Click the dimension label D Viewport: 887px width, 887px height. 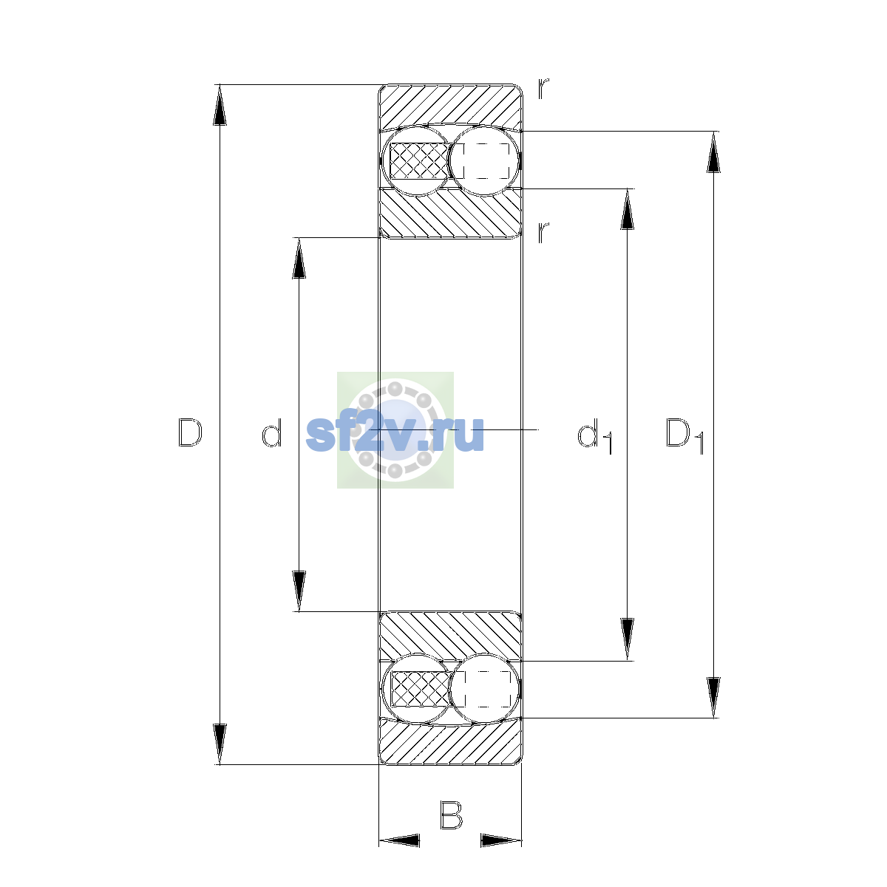point(190,432)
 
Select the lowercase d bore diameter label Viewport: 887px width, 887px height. point(271,432)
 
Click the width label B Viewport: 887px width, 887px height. point(451,815)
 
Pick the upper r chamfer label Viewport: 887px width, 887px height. point(543,89)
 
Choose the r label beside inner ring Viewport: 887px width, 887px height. point(543,232)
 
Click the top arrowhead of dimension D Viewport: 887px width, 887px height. point(220,105)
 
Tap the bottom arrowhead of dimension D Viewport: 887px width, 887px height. point(220,744)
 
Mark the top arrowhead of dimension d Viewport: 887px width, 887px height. point(299,258)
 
